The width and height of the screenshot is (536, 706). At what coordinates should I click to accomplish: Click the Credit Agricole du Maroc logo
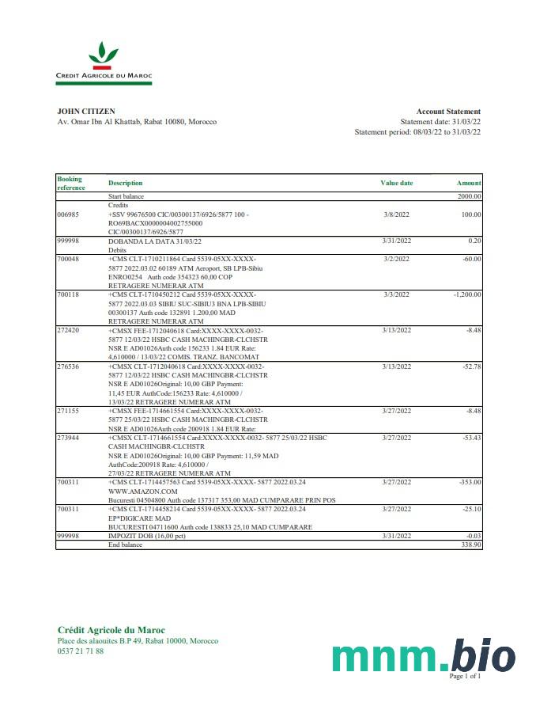pos(104,63)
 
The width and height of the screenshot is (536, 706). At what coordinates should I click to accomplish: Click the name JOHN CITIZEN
pos(86,112)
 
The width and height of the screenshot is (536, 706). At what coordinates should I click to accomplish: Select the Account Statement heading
pos(448,112)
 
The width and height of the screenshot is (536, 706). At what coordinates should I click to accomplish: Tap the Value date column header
pos(396,183)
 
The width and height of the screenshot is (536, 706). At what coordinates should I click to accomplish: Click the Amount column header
pos(469,183)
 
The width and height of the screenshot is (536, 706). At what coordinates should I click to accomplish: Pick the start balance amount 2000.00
pos(470,196)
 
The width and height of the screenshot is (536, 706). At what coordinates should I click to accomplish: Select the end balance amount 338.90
pos(470,545)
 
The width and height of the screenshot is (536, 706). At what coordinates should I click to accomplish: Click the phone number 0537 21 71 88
pos(81,651)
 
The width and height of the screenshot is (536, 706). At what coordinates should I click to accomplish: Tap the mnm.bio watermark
pos(423,655)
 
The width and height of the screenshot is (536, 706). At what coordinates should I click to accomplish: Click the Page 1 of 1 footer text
pos(465,677)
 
